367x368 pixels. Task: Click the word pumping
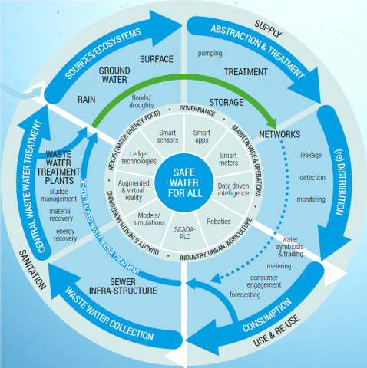210,55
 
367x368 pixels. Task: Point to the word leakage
311,155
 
